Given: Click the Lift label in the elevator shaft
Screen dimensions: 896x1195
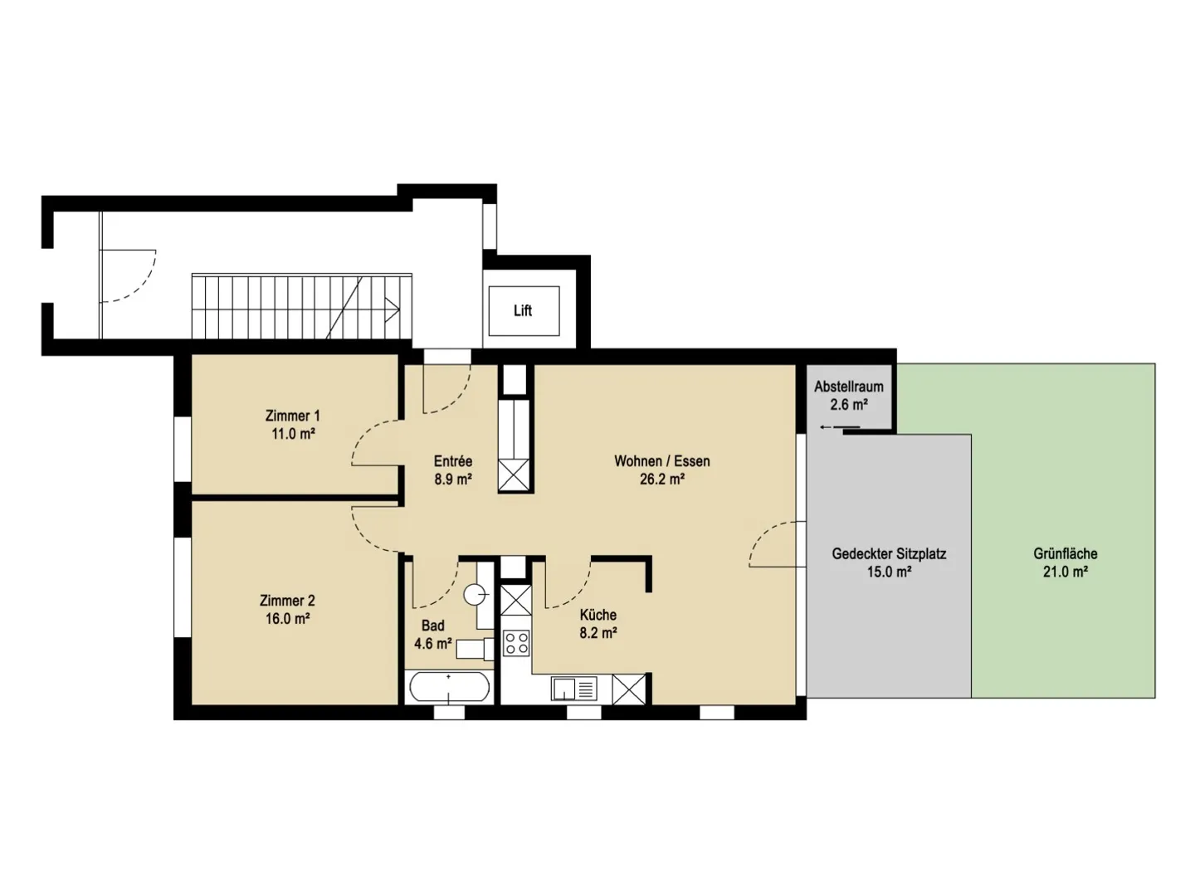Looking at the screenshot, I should pos(522,310).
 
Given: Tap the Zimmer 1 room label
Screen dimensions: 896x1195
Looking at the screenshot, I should pos(292,416).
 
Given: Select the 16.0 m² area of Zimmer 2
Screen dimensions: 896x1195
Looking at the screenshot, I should pos(287,619).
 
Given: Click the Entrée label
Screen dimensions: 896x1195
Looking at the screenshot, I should pos(452,461).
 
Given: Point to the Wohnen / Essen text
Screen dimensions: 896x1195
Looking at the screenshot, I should pos(661,461).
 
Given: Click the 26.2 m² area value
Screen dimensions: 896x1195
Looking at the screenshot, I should pos(661,480).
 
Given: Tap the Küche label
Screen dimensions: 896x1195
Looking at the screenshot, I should pos(597,615).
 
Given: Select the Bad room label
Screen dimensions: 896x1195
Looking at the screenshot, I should pos(432,626).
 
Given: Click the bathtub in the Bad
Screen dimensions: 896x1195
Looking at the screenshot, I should pos(449,688).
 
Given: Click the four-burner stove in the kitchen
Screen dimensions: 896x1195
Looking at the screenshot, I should pos(517,644).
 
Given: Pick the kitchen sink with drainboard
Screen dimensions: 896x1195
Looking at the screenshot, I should pos(574,688).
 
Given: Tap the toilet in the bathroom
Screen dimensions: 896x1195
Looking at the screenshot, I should pos(476,594).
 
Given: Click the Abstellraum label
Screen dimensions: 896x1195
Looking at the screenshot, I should pos(848,387).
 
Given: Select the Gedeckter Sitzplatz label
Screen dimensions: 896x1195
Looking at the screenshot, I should pos(889,553).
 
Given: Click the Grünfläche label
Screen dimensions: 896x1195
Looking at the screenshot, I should pos(1066,553).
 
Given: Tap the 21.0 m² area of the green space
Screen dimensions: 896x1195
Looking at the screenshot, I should pos(1066,572).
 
